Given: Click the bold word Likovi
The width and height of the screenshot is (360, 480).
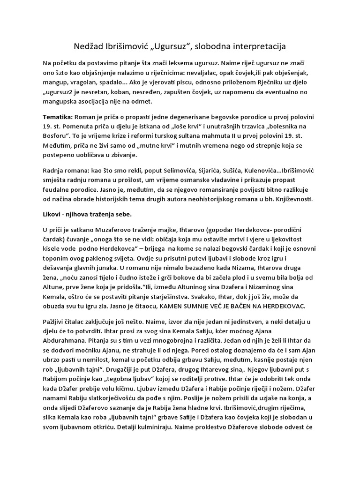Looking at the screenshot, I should click(52, 214).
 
